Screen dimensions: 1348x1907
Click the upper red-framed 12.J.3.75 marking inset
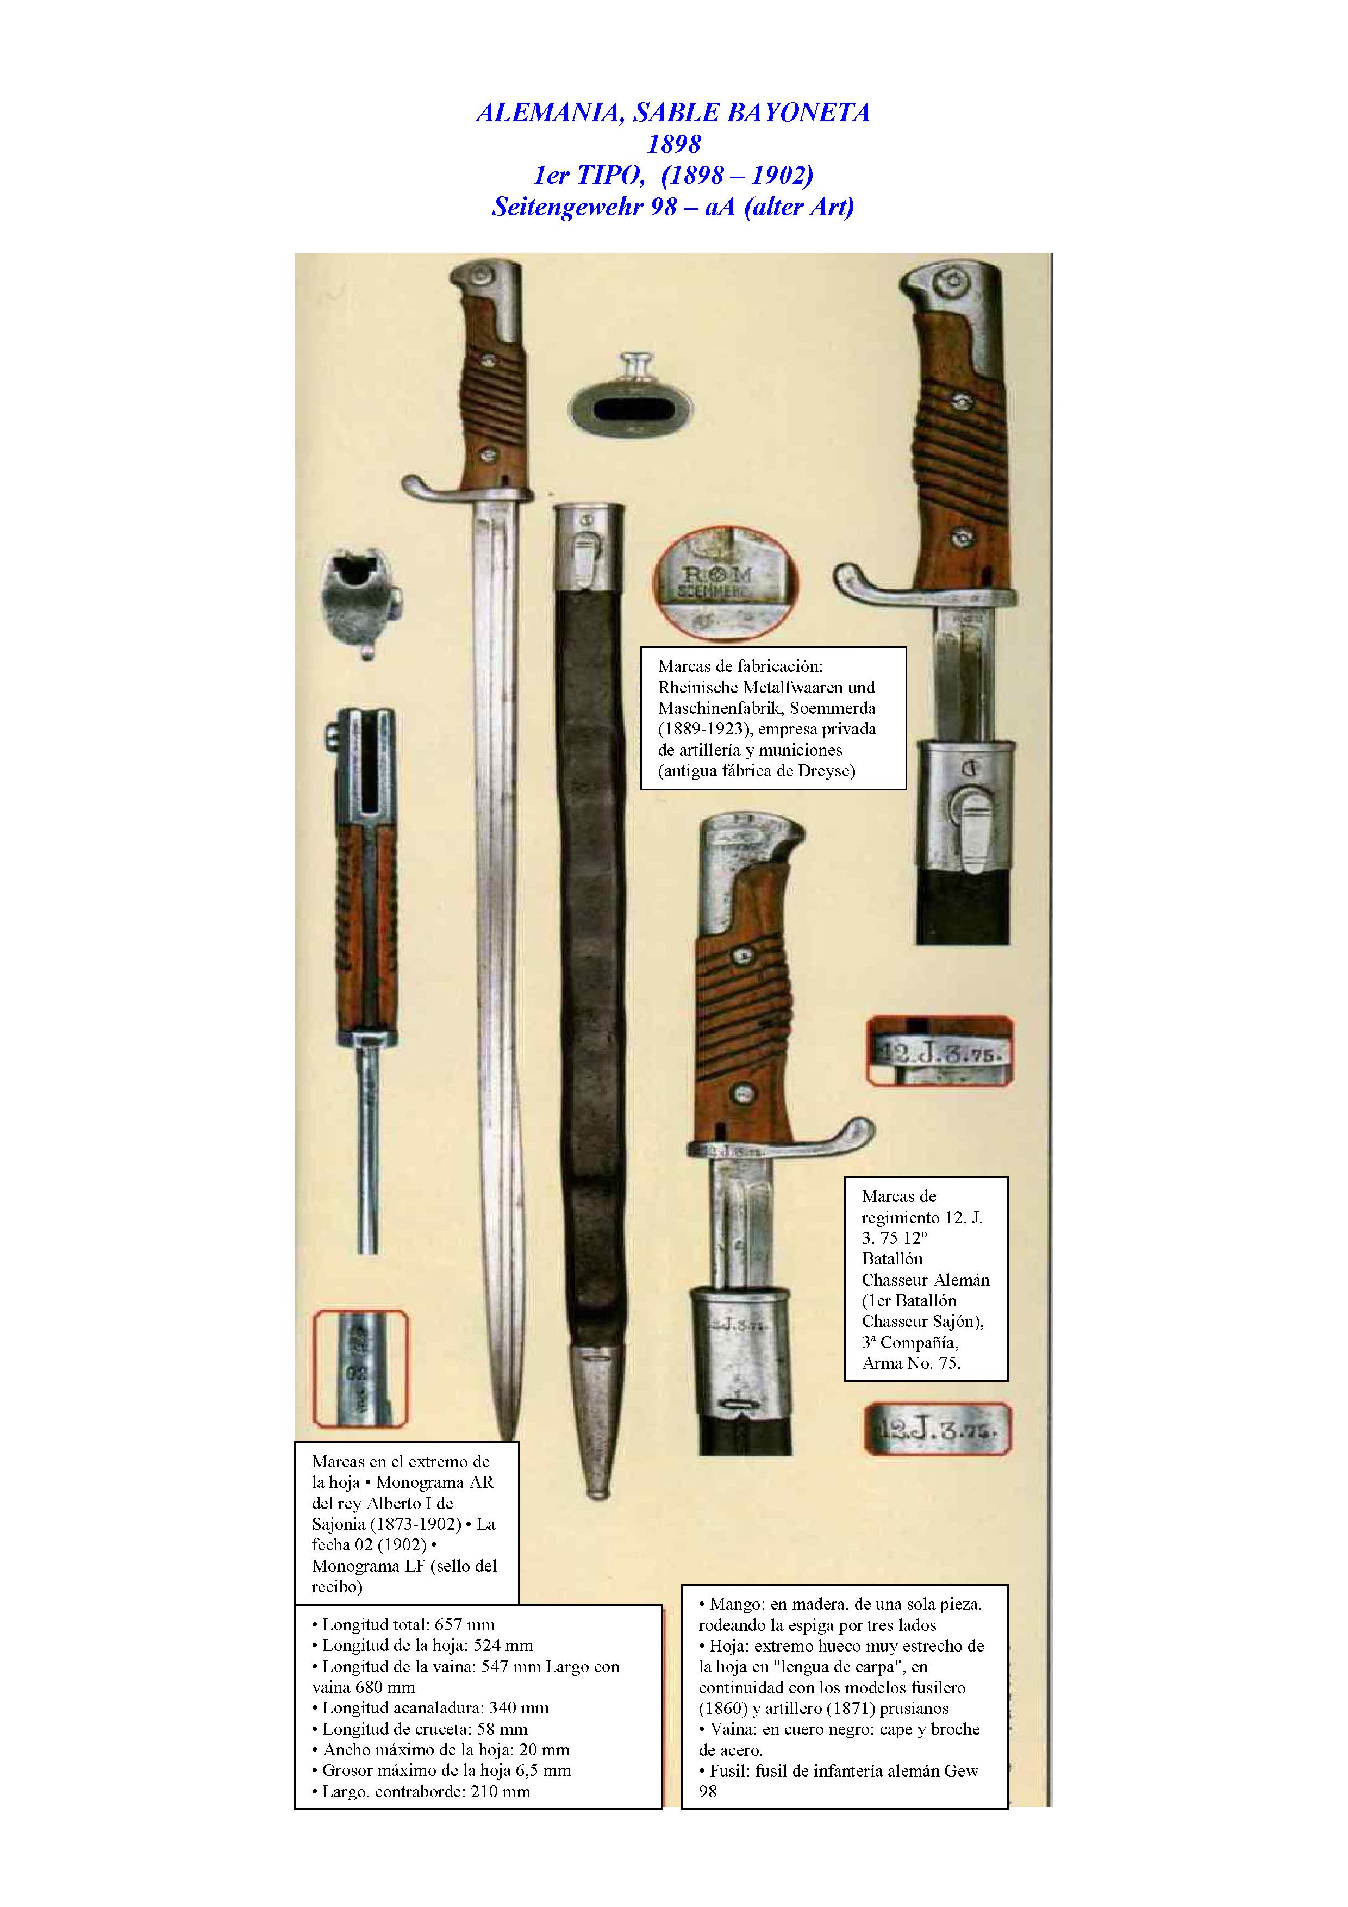(939, 1051)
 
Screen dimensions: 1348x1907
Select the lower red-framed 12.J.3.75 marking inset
(939, 1429)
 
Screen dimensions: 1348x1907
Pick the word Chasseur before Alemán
(895, 1280)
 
